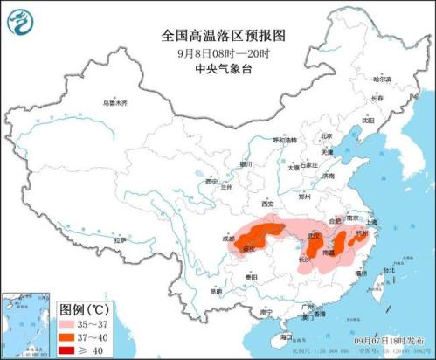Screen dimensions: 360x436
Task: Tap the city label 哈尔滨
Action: pyautogui.click(x=383, y=80)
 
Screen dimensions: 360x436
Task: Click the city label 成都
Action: pyautogui.click(x=228, y=237)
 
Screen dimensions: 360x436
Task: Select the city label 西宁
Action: pyautogui.click(x=210, y=182)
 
